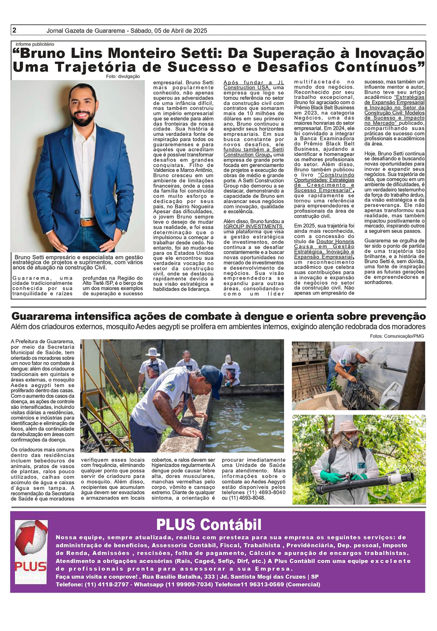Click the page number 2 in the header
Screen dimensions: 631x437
[14, 30]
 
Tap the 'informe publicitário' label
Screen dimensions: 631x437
[35, 44]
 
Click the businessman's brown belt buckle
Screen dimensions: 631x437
[89, 222]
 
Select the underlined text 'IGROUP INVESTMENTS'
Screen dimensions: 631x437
[253, 226]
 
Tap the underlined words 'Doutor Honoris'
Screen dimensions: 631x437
[335, 241]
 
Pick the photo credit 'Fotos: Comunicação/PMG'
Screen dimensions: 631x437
[397, 336]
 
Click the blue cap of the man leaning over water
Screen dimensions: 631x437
[211, 378]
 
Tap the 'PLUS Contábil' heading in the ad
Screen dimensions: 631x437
[209, 524]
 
